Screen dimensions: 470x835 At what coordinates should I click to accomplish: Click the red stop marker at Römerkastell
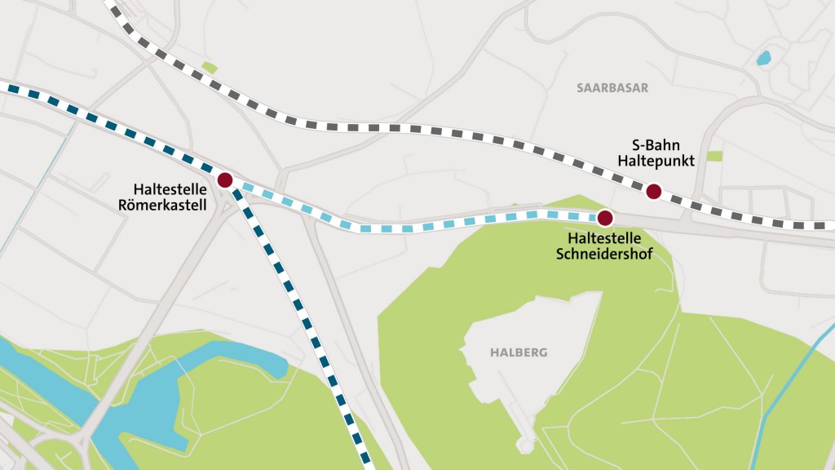[225, 180]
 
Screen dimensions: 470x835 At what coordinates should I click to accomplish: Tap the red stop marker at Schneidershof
[604, 218]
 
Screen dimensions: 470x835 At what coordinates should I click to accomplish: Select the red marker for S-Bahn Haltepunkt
[653, 192]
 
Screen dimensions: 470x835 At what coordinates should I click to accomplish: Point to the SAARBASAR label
[612, 88]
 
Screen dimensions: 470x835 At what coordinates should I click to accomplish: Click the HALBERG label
[519, 353]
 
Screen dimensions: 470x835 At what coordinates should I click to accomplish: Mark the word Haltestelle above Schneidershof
[604, 237]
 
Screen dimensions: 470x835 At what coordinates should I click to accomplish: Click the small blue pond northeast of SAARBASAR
[763, 58]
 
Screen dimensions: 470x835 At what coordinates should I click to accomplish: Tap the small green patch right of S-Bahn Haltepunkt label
[714, 156]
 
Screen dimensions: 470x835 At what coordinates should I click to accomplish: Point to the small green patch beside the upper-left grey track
[210, 68]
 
